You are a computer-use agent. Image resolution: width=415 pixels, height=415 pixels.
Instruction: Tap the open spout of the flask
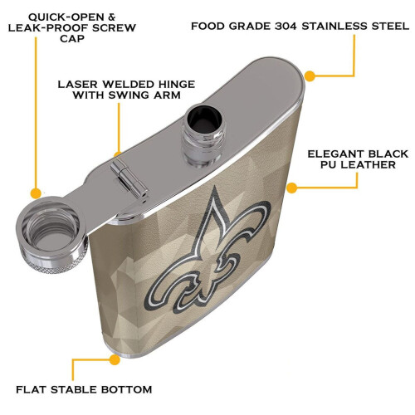(204, 135)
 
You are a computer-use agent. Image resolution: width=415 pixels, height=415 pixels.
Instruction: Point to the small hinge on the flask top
(129, 178)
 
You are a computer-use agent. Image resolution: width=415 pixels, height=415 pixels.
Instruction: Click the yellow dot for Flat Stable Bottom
(115, 359)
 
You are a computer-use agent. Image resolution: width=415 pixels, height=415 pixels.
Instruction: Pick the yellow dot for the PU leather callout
(292, 188)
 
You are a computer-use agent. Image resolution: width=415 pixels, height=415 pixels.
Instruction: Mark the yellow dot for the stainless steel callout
(310, 76)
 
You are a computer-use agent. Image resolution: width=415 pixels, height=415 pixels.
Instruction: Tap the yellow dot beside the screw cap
(36, 193)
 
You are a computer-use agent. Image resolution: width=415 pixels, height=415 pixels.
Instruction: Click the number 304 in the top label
(285, 27)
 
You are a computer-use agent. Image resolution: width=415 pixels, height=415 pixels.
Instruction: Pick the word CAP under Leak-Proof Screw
(72, 38)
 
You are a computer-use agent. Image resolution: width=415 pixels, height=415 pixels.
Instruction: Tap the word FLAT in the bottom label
(32, 389)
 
